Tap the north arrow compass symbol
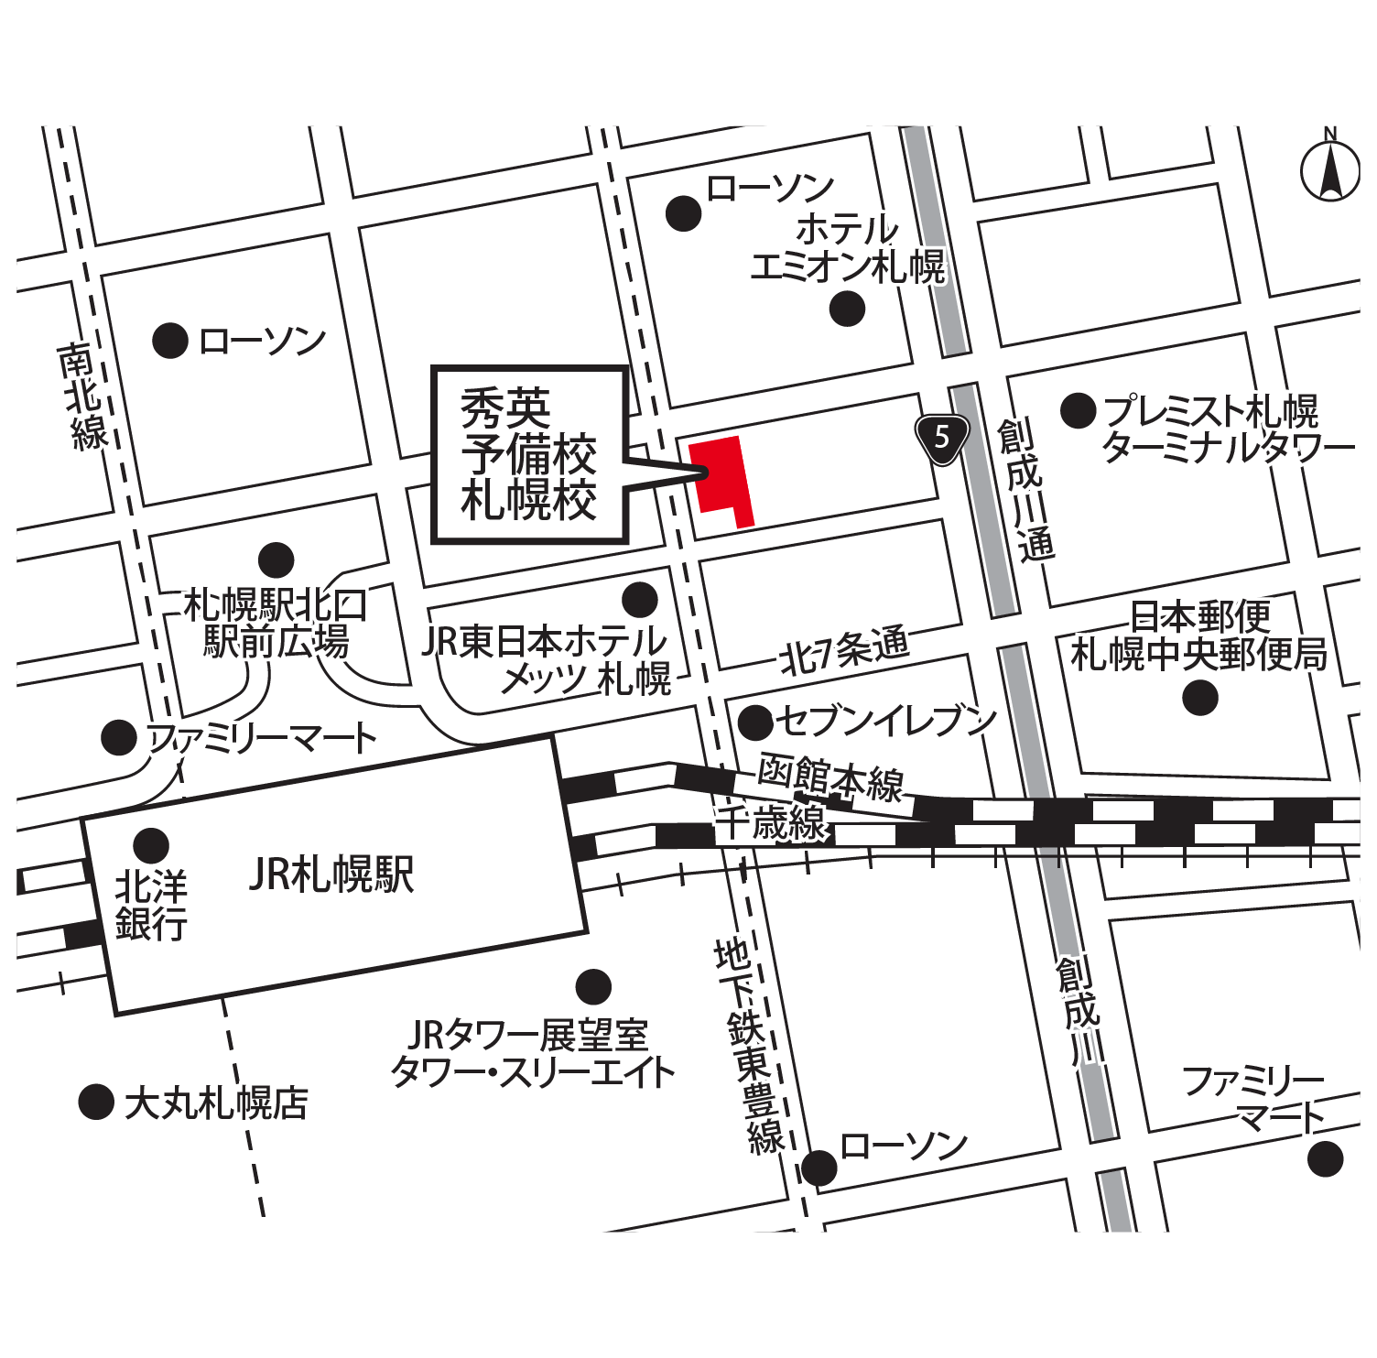coord(1329,169)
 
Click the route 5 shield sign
coord(942,438)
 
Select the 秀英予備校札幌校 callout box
coord(529,455)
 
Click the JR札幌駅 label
coord(331,875)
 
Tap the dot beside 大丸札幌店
coord(96,1102)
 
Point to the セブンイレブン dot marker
coord(755,722)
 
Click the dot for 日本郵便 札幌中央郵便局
coord(1199,699)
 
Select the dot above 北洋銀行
coord(151,845)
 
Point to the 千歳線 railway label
coord(771,822)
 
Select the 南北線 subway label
coord(83,397)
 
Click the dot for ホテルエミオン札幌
coord(847,309)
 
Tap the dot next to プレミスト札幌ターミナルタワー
coord(1078,410)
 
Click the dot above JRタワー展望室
coord(593,987)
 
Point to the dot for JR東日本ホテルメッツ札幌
coord(639,600)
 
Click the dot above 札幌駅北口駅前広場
coord(276,560)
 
